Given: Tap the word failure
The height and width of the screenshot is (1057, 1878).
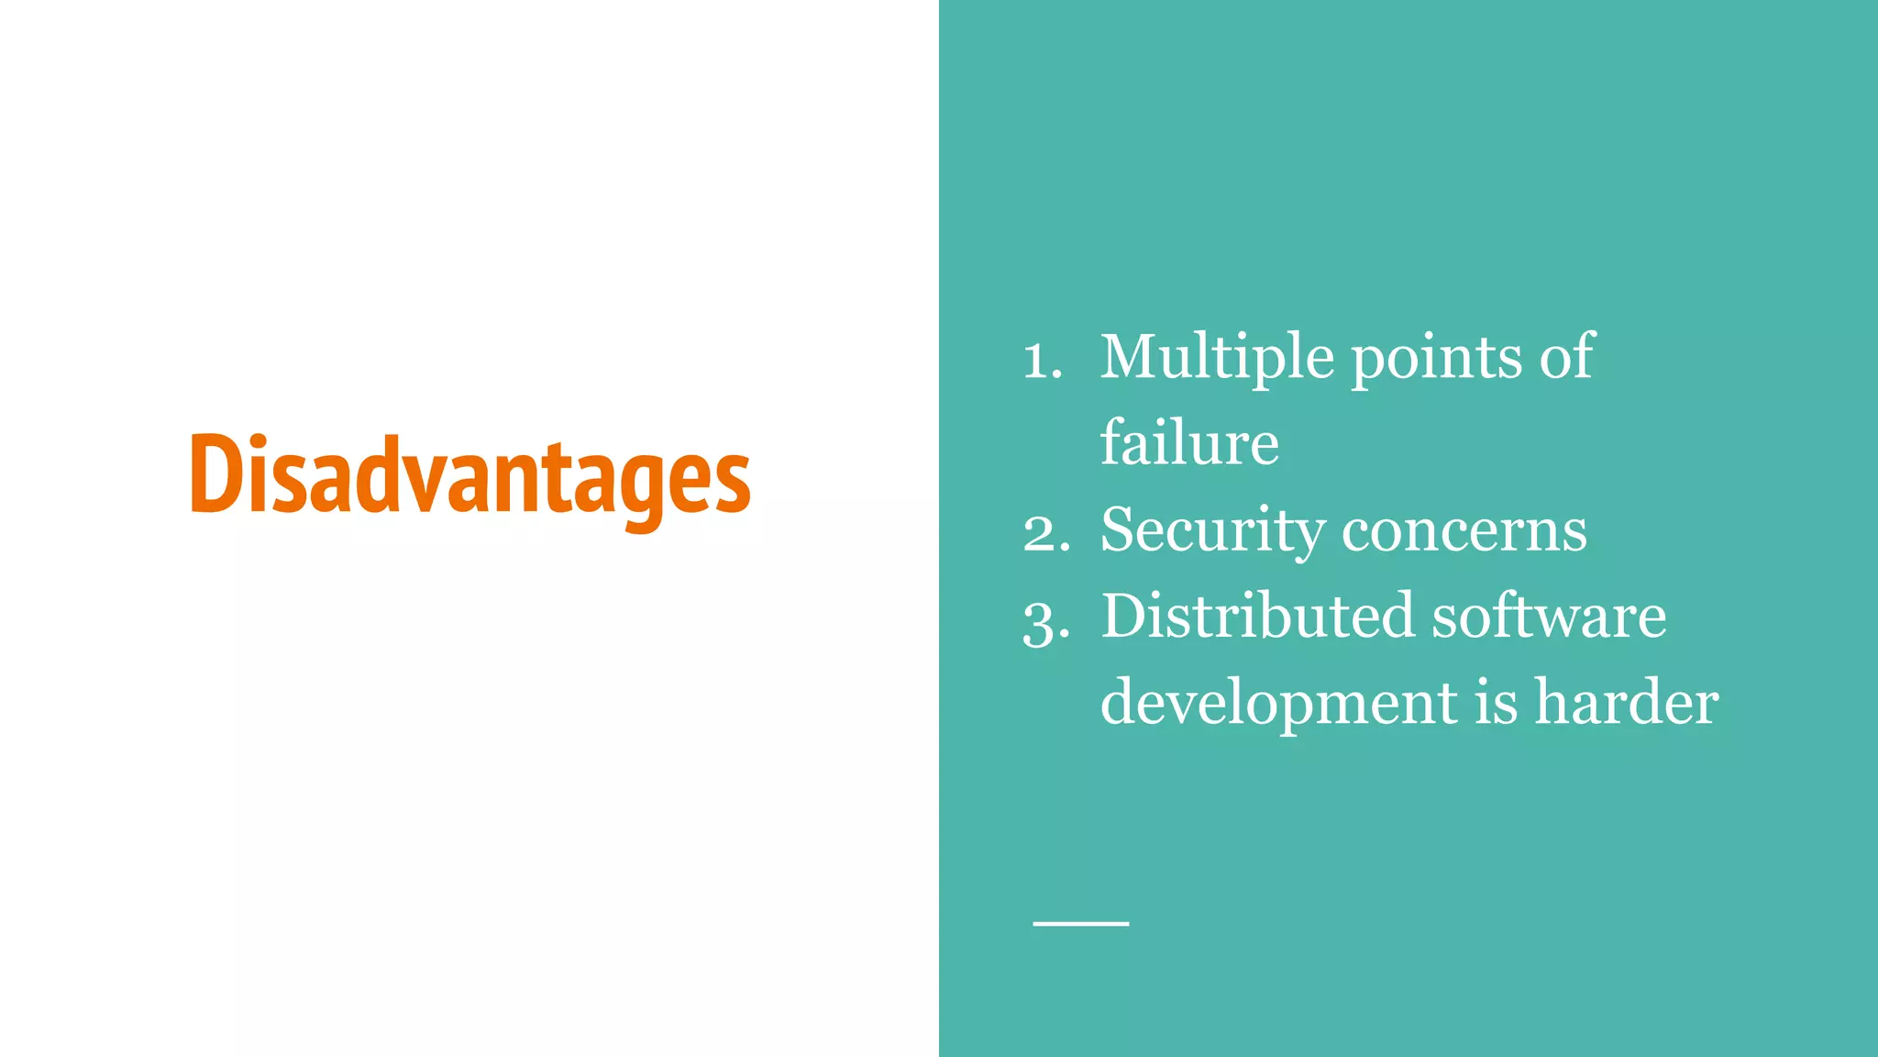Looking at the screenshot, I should click(1189, 443).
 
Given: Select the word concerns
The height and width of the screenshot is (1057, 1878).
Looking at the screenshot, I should click(1464, 532).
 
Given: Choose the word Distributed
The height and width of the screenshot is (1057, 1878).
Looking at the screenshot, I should click(1257, 616).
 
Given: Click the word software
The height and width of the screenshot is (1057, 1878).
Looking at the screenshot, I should click(1549, 616).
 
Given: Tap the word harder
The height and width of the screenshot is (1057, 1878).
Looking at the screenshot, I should click(1627, 703).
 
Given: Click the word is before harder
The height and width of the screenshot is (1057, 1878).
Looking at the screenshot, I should click(1497, 703).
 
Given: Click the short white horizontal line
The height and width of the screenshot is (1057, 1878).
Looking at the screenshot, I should click(1080, 923).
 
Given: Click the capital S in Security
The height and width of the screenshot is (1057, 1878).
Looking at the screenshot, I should click(1121, 530).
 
